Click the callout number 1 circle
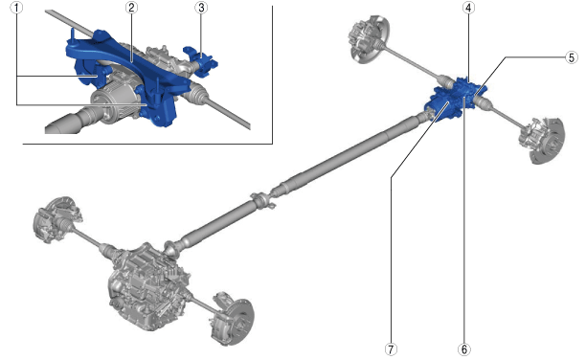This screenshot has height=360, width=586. pos(16,8)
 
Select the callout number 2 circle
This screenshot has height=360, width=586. pos(131,8)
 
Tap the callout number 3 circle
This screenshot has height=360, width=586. pos(201,8)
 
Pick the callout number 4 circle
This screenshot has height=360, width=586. pos(468,8)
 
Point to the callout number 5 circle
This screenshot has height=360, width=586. pos(572,57)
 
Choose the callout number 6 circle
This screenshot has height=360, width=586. pos(463,349)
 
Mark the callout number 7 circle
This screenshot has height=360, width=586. pos(391,349)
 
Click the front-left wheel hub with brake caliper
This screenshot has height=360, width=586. pos(56,218)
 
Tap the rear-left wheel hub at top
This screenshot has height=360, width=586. pos(368,39)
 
